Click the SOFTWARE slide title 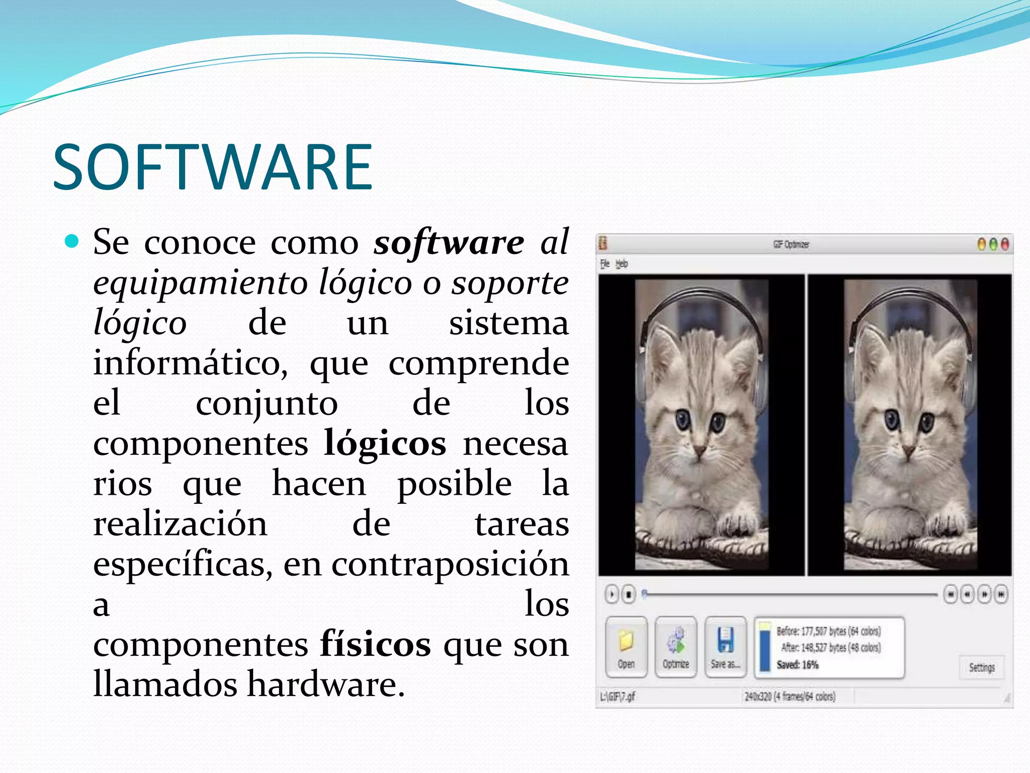click(213, 167)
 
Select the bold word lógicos click(385, 444)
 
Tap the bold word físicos click(375, 645)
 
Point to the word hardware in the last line click(325, 685)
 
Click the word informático click(190, 363)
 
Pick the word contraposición click(450, 565)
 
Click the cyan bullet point click(72, 242)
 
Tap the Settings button click(981, 667)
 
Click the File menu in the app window click(605, 264)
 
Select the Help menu click(622, 264)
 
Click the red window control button click(1004, 245)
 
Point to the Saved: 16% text click(797, 665)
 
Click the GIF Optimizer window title click(791, 245)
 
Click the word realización click(180, 524)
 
